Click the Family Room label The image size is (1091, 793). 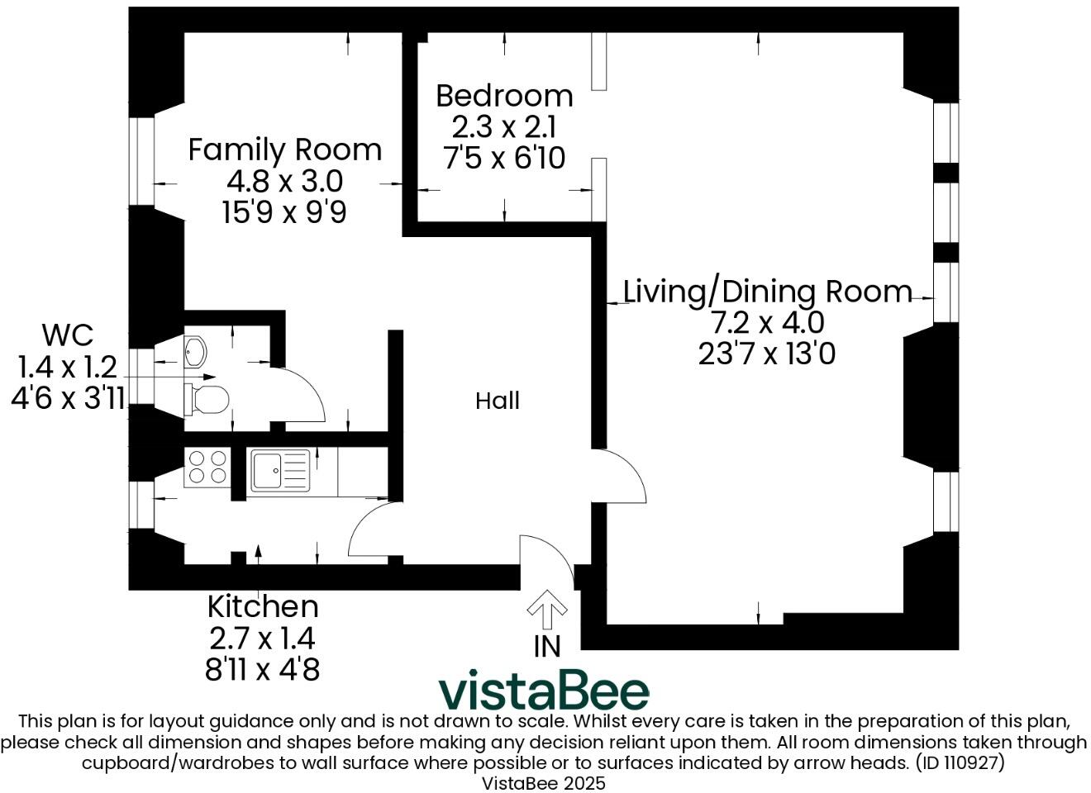284,150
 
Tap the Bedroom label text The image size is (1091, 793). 504,96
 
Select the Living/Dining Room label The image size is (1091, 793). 766,292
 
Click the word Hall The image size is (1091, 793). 498,401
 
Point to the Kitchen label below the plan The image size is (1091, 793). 262,607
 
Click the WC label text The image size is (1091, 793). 67,335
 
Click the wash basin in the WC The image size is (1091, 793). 195,352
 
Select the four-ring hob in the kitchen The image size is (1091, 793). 207,466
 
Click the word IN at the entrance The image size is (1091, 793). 546,646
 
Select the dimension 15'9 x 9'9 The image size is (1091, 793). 283,212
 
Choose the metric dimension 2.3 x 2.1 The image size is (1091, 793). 504,127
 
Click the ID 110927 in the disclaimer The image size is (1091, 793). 960,762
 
